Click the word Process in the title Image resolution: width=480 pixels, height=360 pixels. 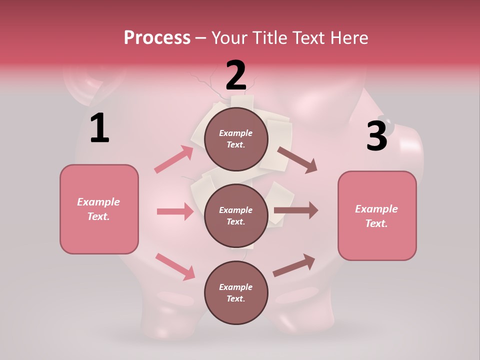pyautogui.click(x=157, y=38)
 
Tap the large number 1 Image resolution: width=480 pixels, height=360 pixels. pyautogui.click(x=99, y=128)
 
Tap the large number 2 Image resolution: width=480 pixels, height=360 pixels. pyautogui.click(x=236, y=75)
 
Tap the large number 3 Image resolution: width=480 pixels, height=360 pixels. pyautogui.click(x=376, y=136)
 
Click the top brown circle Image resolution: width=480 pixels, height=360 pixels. pyautogui.click(x=236, y=139)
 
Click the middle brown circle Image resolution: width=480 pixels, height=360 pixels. pyautogui.click(x=236, y=215)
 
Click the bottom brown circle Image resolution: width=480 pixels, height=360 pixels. pyautogui.click(x=236, y=292)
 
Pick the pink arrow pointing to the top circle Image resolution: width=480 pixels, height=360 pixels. pyautogui.click(x=174, y=159)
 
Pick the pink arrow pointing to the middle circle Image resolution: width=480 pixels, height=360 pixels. pyautogui.click(x=175, y=211)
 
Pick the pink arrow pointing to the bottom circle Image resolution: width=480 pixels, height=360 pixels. pyautogui.click(x=175, y=266)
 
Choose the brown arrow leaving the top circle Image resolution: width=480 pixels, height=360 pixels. pyautogui.click(x=297, y=160)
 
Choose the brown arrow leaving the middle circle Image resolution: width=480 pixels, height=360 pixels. pyautogui.click(x=296, y=210)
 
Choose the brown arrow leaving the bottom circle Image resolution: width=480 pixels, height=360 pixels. pyautogui.click(x=294, y=265)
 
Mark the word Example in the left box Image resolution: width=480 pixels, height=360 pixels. pyautogui.click(x=98, y=202)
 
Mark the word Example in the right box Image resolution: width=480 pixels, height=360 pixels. pyautogui.click(x=376, y=209)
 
